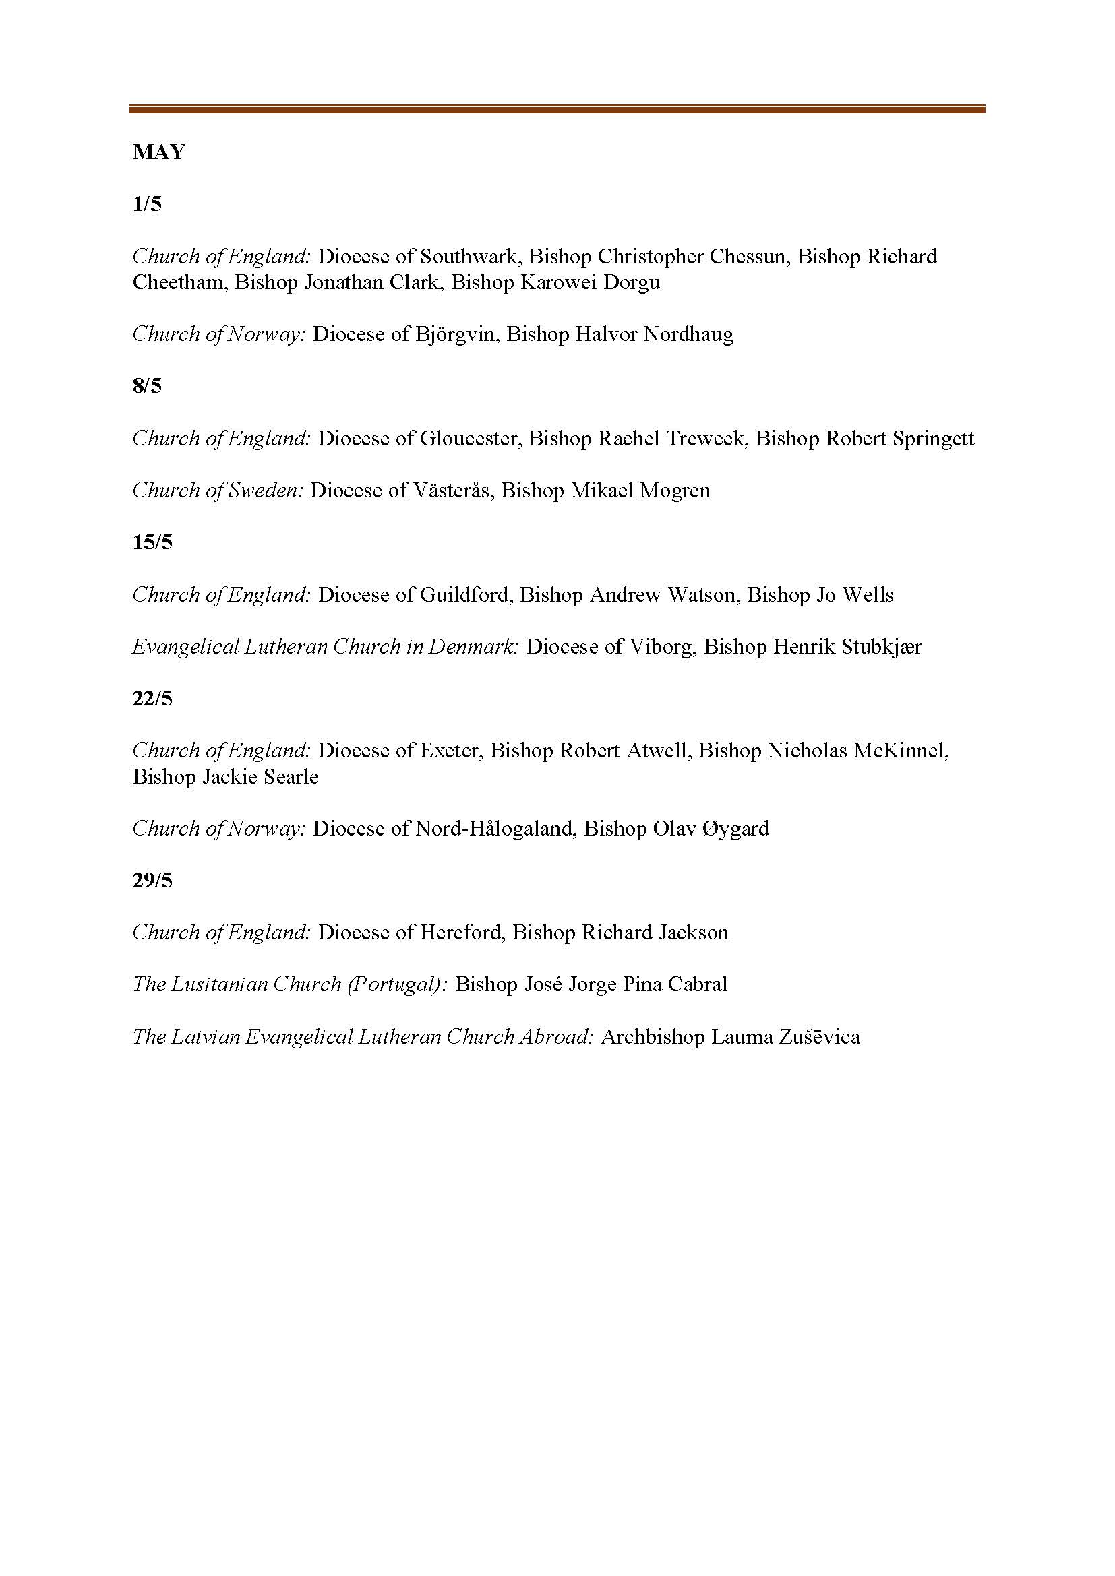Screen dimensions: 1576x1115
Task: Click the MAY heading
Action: point(158,152)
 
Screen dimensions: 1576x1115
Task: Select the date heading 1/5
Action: point(147,205)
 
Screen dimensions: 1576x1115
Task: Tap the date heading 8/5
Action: point(147,387)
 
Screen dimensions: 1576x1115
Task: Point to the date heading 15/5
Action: point(152,542)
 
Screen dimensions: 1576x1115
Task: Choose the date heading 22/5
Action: point(152,699)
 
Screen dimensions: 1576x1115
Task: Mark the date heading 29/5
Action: point(152,881)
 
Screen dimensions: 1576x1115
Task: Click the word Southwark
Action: point(468,257)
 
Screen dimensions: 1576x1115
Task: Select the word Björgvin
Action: point(456,334)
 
